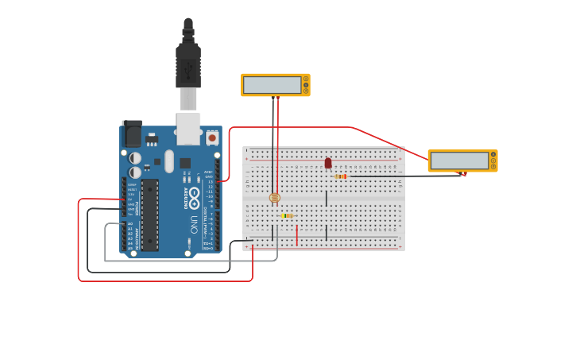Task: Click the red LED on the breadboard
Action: click(328, 163)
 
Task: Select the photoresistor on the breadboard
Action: click(275, 197)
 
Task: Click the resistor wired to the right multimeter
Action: click(341, 176)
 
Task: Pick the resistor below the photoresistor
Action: click(287, 215)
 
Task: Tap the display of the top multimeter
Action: click(273, 85)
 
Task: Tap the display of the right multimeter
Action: click(459, 161)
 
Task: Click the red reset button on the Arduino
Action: click(212, 137)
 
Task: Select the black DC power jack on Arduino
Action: click(132, 134)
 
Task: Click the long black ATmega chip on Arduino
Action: click(150, 215)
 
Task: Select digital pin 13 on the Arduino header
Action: click(217, 182)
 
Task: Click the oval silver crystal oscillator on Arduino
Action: click(169, 161)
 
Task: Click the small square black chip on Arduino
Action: click(184, 163)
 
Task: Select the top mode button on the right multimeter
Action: click(493, 154)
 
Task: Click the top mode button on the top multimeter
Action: click(306, 79)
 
